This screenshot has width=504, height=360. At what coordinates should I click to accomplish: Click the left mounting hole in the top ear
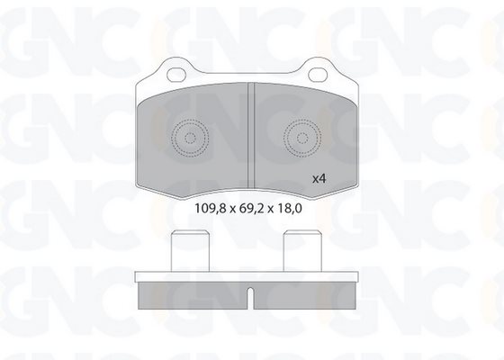click(x=176, y=75)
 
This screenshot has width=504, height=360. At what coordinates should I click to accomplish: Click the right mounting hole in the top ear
click(x=318, y=75)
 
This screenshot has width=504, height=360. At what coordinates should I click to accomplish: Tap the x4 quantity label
click(x=319, y=179)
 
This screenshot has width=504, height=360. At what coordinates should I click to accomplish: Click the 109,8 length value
click(x=211, y=209)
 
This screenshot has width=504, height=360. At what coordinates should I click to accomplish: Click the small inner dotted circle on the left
click(x=190, y=139)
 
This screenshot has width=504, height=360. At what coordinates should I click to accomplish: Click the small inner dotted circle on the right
click(x=302, y=139)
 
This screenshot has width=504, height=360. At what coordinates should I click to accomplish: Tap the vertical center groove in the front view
click(x=251, y=136)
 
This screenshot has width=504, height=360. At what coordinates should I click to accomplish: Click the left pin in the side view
click(x=190, y=251)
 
